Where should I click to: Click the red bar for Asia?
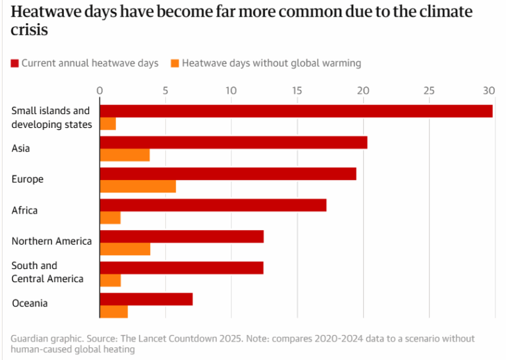pos(233,142)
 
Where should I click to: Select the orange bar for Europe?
pos(138,187)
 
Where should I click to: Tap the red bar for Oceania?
pos(146,299)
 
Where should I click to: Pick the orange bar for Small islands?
pos(107,124)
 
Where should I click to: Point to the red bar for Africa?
pos(213,205)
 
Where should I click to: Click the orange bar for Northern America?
pos(125,249)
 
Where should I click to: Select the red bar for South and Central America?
pos(181,268)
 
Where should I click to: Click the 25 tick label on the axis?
pos(429,90)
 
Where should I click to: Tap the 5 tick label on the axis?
pos(165,90)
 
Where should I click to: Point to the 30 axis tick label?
pos(488,90)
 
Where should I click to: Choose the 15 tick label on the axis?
pos(297,90)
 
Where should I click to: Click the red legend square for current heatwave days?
pos(14,63)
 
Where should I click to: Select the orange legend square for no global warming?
pos(175,63)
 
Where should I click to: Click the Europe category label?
pos(27,179)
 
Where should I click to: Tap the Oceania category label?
pos(30,303)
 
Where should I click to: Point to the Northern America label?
pos(51,241)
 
